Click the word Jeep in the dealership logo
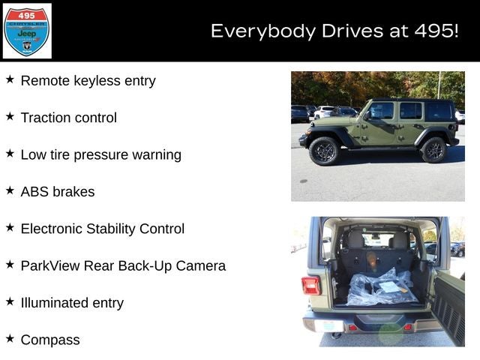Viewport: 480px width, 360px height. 27,34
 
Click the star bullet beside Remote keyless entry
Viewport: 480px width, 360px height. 10,79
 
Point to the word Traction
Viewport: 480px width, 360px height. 46,118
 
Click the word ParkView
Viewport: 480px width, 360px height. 50,265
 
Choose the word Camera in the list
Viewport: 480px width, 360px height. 201,265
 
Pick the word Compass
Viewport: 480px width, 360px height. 50,340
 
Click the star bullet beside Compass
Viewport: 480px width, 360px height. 10,339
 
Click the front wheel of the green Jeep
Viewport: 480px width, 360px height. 323,150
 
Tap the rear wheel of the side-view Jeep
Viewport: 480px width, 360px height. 433,150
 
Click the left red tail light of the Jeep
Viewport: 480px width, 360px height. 310,285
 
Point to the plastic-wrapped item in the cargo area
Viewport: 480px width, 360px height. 382,288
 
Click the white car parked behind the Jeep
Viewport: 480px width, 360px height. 325,112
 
